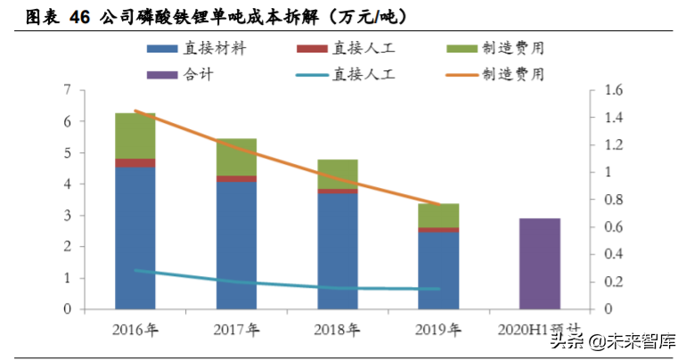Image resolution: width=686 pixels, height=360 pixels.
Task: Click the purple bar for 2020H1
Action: pos(540,264)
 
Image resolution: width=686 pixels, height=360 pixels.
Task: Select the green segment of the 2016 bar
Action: pos(135,135)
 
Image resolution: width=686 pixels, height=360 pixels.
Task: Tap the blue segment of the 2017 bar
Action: pos(236,245)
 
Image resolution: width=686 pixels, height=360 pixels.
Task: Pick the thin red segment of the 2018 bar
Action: pos(338,191)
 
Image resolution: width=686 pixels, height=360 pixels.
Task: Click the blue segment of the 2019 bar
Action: pos(438,270)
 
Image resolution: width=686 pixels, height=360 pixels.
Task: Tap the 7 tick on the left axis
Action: pos(67,90)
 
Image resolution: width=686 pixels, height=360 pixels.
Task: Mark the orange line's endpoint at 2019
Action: pos(438,205)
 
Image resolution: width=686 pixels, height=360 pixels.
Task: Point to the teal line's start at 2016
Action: pos(135,270)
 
